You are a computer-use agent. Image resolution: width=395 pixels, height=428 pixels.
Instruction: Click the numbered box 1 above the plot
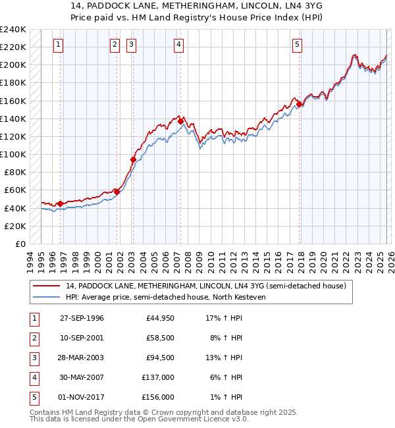(x=59, y=45)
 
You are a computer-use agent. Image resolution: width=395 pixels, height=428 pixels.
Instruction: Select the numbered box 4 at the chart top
(x=179, y=45)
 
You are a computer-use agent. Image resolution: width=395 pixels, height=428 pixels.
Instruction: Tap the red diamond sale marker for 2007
(x=180, y=121)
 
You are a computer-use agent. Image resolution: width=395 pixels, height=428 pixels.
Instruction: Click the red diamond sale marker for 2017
(x=299, y=104)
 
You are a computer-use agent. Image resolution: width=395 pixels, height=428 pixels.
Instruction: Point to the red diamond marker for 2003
(x=133, y=159)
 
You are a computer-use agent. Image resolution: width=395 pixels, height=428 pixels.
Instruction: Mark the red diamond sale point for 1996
(x=61, y=203)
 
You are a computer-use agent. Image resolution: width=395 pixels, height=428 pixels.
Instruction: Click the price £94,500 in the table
(x=159, y=358)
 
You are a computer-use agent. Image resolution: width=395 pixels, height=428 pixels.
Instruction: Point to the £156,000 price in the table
(x=159, y=397)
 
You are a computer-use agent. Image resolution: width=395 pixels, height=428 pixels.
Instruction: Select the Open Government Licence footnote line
(x=138, y=419)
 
